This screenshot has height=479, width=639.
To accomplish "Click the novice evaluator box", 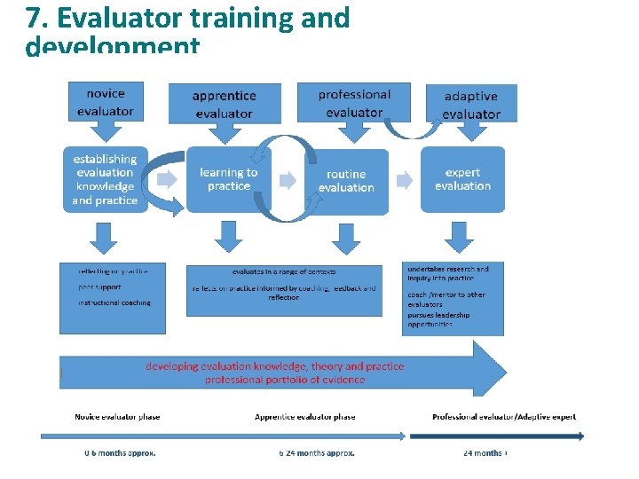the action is (106, 102).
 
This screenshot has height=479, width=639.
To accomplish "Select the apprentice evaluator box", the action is (225, 104).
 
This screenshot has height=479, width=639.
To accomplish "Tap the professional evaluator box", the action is (353, 103).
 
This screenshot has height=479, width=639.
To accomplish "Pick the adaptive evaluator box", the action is (471, 104).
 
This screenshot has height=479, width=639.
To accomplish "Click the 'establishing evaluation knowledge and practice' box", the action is (105, 179).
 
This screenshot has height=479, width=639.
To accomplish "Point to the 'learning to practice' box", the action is (229, 179).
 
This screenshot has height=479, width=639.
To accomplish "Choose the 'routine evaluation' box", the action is (346, 181).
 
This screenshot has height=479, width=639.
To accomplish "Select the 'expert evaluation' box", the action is (462, 179).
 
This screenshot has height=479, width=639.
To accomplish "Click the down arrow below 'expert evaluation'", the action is (459, 236).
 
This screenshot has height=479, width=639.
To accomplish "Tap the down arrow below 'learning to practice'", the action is (228, 236).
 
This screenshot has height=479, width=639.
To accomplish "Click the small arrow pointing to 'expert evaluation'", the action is (405, 180).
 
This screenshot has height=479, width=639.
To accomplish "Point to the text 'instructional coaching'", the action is (114, 302).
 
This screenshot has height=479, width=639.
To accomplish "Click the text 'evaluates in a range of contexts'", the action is (284, 271).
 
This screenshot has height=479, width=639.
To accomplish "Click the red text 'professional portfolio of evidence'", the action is (285, 380).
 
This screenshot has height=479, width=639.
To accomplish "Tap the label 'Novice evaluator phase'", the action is (117, 416).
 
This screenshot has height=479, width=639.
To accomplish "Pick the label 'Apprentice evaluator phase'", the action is (304, 416).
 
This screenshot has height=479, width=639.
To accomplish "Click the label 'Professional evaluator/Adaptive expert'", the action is (503, 416).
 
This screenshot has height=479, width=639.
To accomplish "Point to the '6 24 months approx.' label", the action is (317, 452).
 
